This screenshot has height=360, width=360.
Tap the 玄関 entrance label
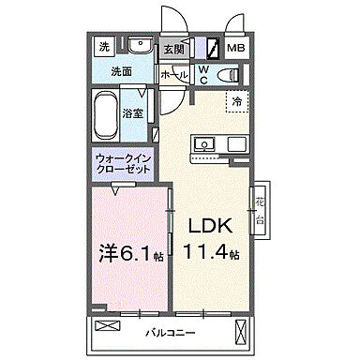(x=172, y=50)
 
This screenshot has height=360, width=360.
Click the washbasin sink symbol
(x=141, y=45)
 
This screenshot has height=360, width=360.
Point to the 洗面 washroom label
(x=122, y=70)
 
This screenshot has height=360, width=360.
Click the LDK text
(x=209, y=228)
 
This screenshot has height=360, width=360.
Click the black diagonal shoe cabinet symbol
(x=213, y=47)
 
